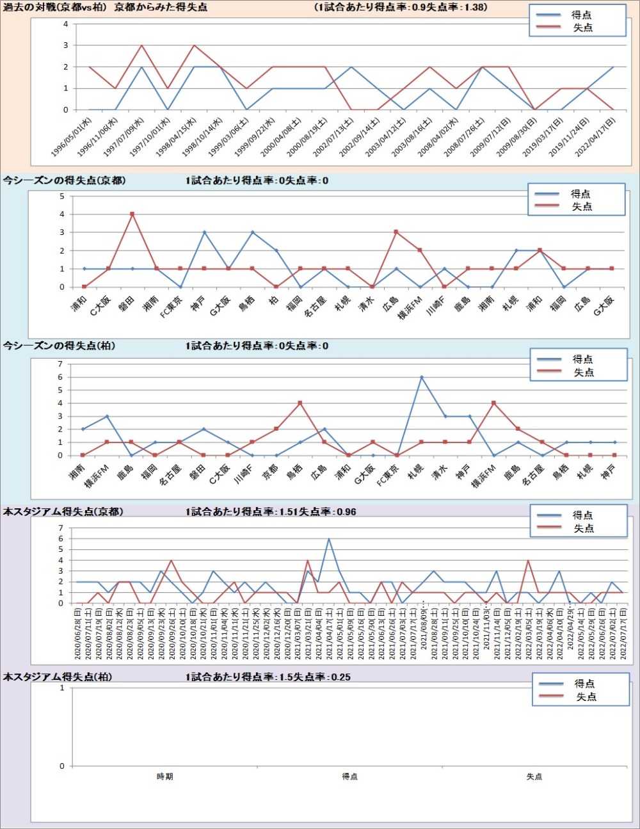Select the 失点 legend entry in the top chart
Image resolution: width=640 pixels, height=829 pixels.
pyautogui.click(x=582, y=28)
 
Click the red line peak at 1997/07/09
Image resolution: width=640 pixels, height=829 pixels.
pyautogui.click(x=141, y=45)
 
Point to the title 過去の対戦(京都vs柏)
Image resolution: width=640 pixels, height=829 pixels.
pyautogui.click(x=56, y=7)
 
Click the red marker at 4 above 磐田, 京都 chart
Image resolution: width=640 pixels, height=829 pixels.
pyautogui.click(x=132, y=214)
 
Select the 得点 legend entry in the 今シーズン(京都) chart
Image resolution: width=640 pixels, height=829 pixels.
pyautogui.click(x=580, y=193)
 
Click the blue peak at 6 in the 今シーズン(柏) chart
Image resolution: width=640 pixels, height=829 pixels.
pyautogui.click(x=422, y=377)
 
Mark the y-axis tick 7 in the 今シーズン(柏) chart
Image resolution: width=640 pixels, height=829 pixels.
pyautogui.click(x=60, y=364)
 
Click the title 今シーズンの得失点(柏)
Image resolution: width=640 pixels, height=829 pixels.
pyautogui.click(x=59, y=346)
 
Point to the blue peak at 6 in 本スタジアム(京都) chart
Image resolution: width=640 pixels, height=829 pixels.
pyautogui.click(x=329, y=539)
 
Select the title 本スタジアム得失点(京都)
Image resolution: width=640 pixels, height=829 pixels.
pyautogui.click(x=63, y=511)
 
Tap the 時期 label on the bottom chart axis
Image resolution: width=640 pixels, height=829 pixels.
pyautogui.click(x=164, y=777)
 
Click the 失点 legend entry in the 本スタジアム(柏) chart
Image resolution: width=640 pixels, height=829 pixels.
pyautogui.click(x=586, y=696)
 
